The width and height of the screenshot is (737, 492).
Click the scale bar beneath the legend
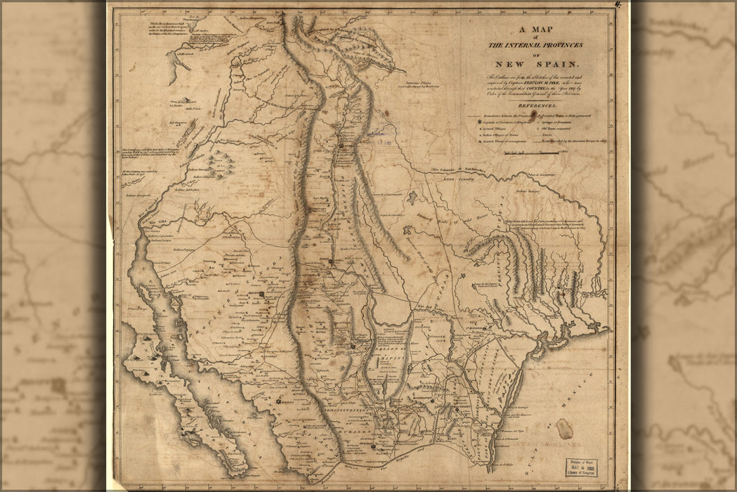pyautogui.click(x=526, y=152)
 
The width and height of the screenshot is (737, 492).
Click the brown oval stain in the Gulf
pyautogui.click(x=563, y=428)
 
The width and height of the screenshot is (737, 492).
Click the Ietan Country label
pyautogui.click(x=457, y=179)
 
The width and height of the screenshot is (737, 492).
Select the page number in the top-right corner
pyautogui.click(x=618, y=6)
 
